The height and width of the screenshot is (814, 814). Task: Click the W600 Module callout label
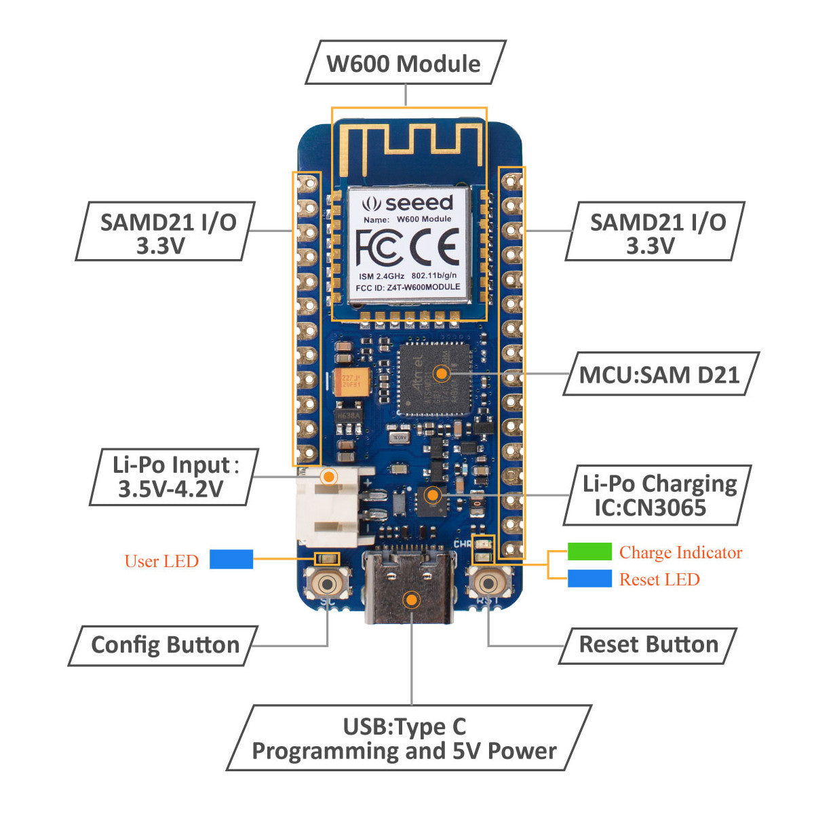point(404,63)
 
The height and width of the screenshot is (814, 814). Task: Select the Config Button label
point(165,644)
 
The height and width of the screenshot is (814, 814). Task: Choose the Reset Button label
point(648,644)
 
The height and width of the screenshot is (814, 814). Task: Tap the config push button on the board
point(329,584)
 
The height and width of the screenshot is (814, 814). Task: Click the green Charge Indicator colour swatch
point(589,551)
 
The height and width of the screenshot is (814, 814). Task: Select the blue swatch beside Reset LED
point(589,579)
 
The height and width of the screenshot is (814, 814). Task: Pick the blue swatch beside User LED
point(231,560)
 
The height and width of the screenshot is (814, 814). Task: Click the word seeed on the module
point(418,203)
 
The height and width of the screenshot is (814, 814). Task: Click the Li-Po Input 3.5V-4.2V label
point(174,476)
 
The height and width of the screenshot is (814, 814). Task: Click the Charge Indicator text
point(680,552)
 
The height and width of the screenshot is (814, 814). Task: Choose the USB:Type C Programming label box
point(406,738)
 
